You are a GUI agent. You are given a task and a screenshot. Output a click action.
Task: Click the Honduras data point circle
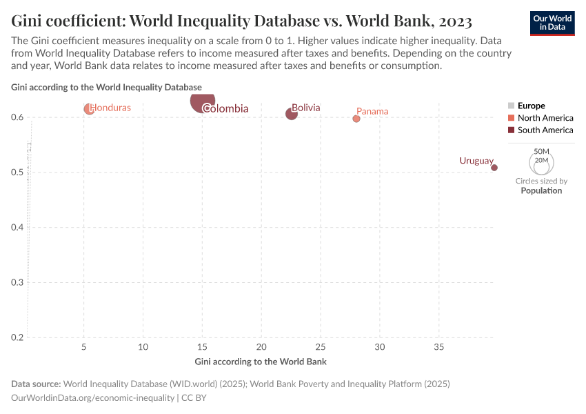(89, 109)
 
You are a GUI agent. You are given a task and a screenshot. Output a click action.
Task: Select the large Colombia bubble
(203, 101)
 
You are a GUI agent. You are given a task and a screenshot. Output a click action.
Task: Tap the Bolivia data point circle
(292, 114)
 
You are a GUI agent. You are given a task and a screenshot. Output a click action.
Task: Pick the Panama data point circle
(356, 119)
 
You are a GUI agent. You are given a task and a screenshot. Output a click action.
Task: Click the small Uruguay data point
(494, 168)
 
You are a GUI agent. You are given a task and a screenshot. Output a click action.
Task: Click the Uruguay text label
(476, 161)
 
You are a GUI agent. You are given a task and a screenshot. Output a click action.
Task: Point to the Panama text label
(372, 111)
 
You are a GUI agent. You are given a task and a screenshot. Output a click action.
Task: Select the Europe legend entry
(531, 106)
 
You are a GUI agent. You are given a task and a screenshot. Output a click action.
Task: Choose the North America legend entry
(545, 118)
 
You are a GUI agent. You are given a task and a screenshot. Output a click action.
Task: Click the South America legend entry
(545, 130)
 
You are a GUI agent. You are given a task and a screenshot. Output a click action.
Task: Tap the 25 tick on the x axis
(321, 346)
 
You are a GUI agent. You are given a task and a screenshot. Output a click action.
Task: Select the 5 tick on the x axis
(84, 346)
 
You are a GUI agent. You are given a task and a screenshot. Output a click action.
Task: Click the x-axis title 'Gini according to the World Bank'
(261, 362)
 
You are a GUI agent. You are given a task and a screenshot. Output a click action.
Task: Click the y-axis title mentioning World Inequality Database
(107, 87)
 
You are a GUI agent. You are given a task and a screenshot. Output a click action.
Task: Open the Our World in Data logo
(552, 22)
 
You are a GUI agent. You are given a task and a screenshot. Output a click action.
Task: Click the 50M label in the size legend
(542, 151)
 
